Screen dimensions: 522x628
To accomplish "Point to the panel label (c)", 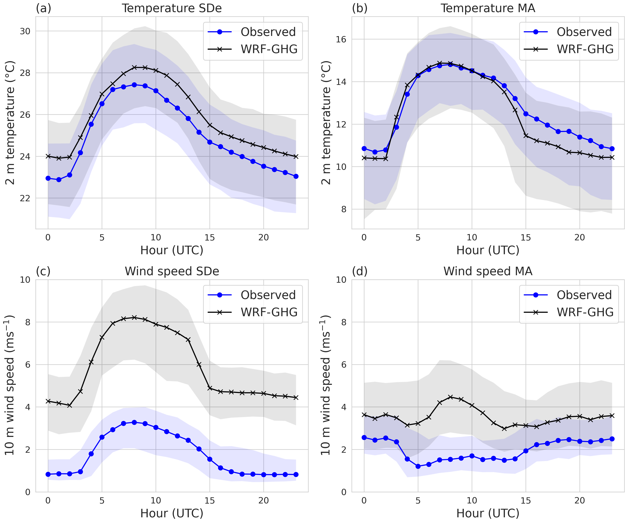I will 43,271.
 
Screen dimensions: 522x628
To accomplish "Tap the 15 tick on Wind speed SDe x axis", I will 210,500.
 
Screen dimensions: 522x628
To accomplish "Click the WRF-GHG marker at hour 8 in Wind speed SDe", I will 134,317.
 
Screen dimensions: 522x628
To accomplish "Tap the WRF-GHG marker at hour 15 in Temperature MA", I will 526,136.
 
